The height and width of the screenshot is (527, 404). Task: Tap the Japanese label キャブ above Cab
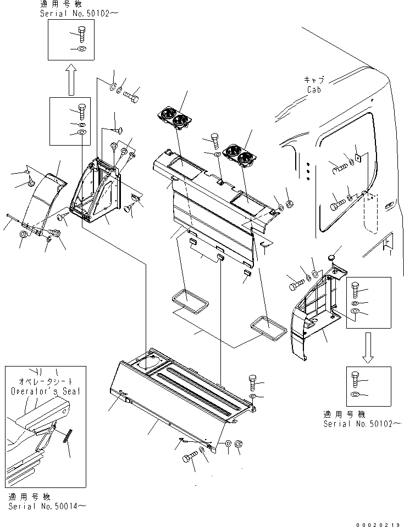click(x=314, y=80)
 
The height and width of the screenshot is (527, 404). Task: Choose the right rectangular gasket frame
click(x=269, y=328)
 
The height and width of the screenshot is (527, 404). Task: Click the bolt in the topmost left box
click(x=81, y=35)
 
